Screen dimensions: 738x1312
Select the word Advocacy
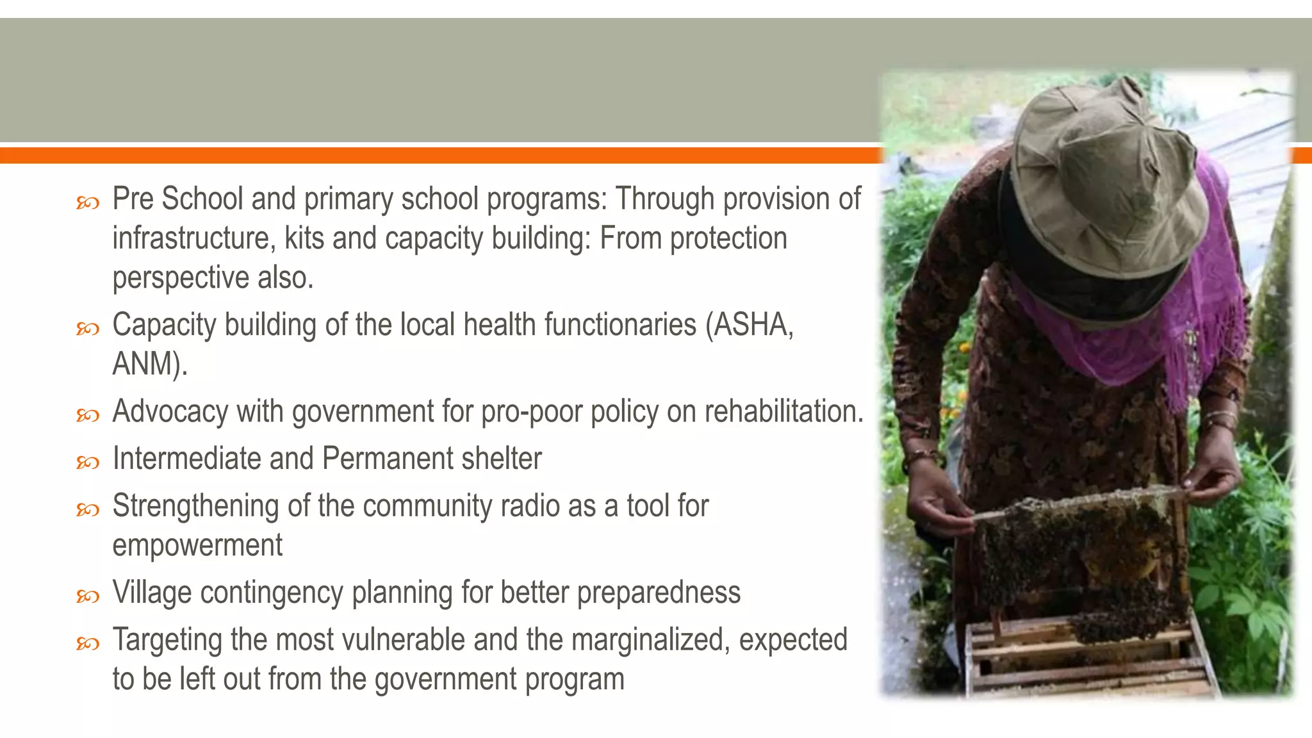point(170,411)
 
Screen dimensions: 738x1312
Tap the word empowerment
point(197,545)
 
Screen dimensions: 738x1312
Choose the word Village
point(152,593)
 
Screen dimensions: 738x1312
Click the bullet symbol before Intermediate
point(88,462)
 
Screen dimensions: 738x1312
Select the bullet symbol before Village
point(88,596)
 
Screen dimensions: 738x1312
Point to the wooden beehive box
point(1089,660)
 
